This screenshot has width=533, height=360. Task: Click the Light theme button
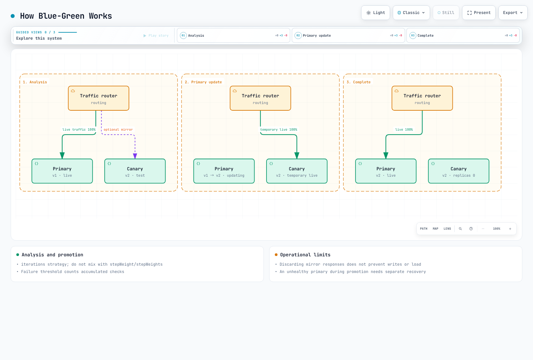375,13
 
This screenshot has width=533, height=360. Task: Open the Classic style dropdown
411,13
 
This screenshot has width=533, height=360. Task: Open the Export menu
513,13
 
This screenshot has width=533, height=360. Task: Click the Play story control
156,35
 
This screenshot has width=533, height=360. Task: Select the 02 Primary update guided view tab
348,35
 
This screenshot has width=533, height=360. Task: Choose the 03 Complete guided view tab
463,35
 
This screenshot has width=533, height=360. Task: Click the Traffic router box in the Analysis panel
99,98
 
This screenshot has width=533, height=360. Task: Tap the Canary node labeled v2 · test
135,171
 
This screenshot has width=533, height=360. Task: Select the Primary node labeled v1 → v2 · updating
224,171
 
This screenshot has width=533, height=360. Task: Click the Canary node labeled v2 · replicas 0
458,171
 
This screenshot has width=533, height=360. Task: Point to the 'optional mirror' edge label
118,130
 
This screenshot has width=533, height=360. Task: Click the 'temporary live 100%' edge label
278,130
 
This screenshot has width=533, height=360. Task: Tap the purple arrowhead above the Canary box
135,156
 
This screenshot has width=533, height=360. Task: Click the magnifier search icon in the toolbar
460,229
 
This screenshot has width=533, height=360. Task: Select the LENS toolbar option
447,229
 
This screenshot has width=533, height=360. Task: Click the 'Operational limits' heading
305,255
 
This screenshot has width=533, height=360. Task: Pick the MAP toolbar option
435,229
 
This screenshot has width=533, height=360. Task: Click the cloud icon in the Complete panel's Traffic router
396,91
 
